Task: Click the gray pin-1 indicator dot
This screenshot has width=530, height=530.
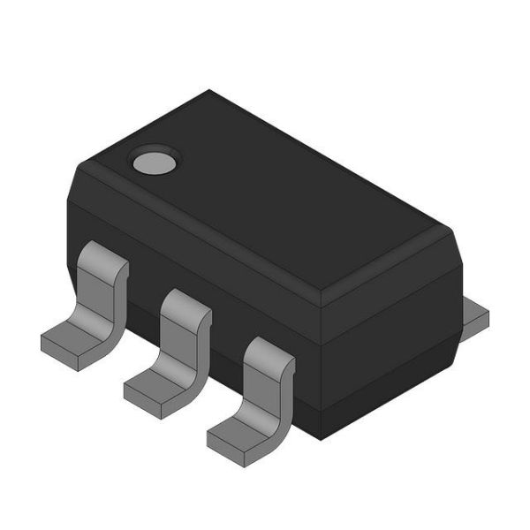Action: pos(155,161)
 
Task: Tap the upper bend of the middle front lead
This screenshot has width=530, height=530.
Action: pos(185,305)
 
